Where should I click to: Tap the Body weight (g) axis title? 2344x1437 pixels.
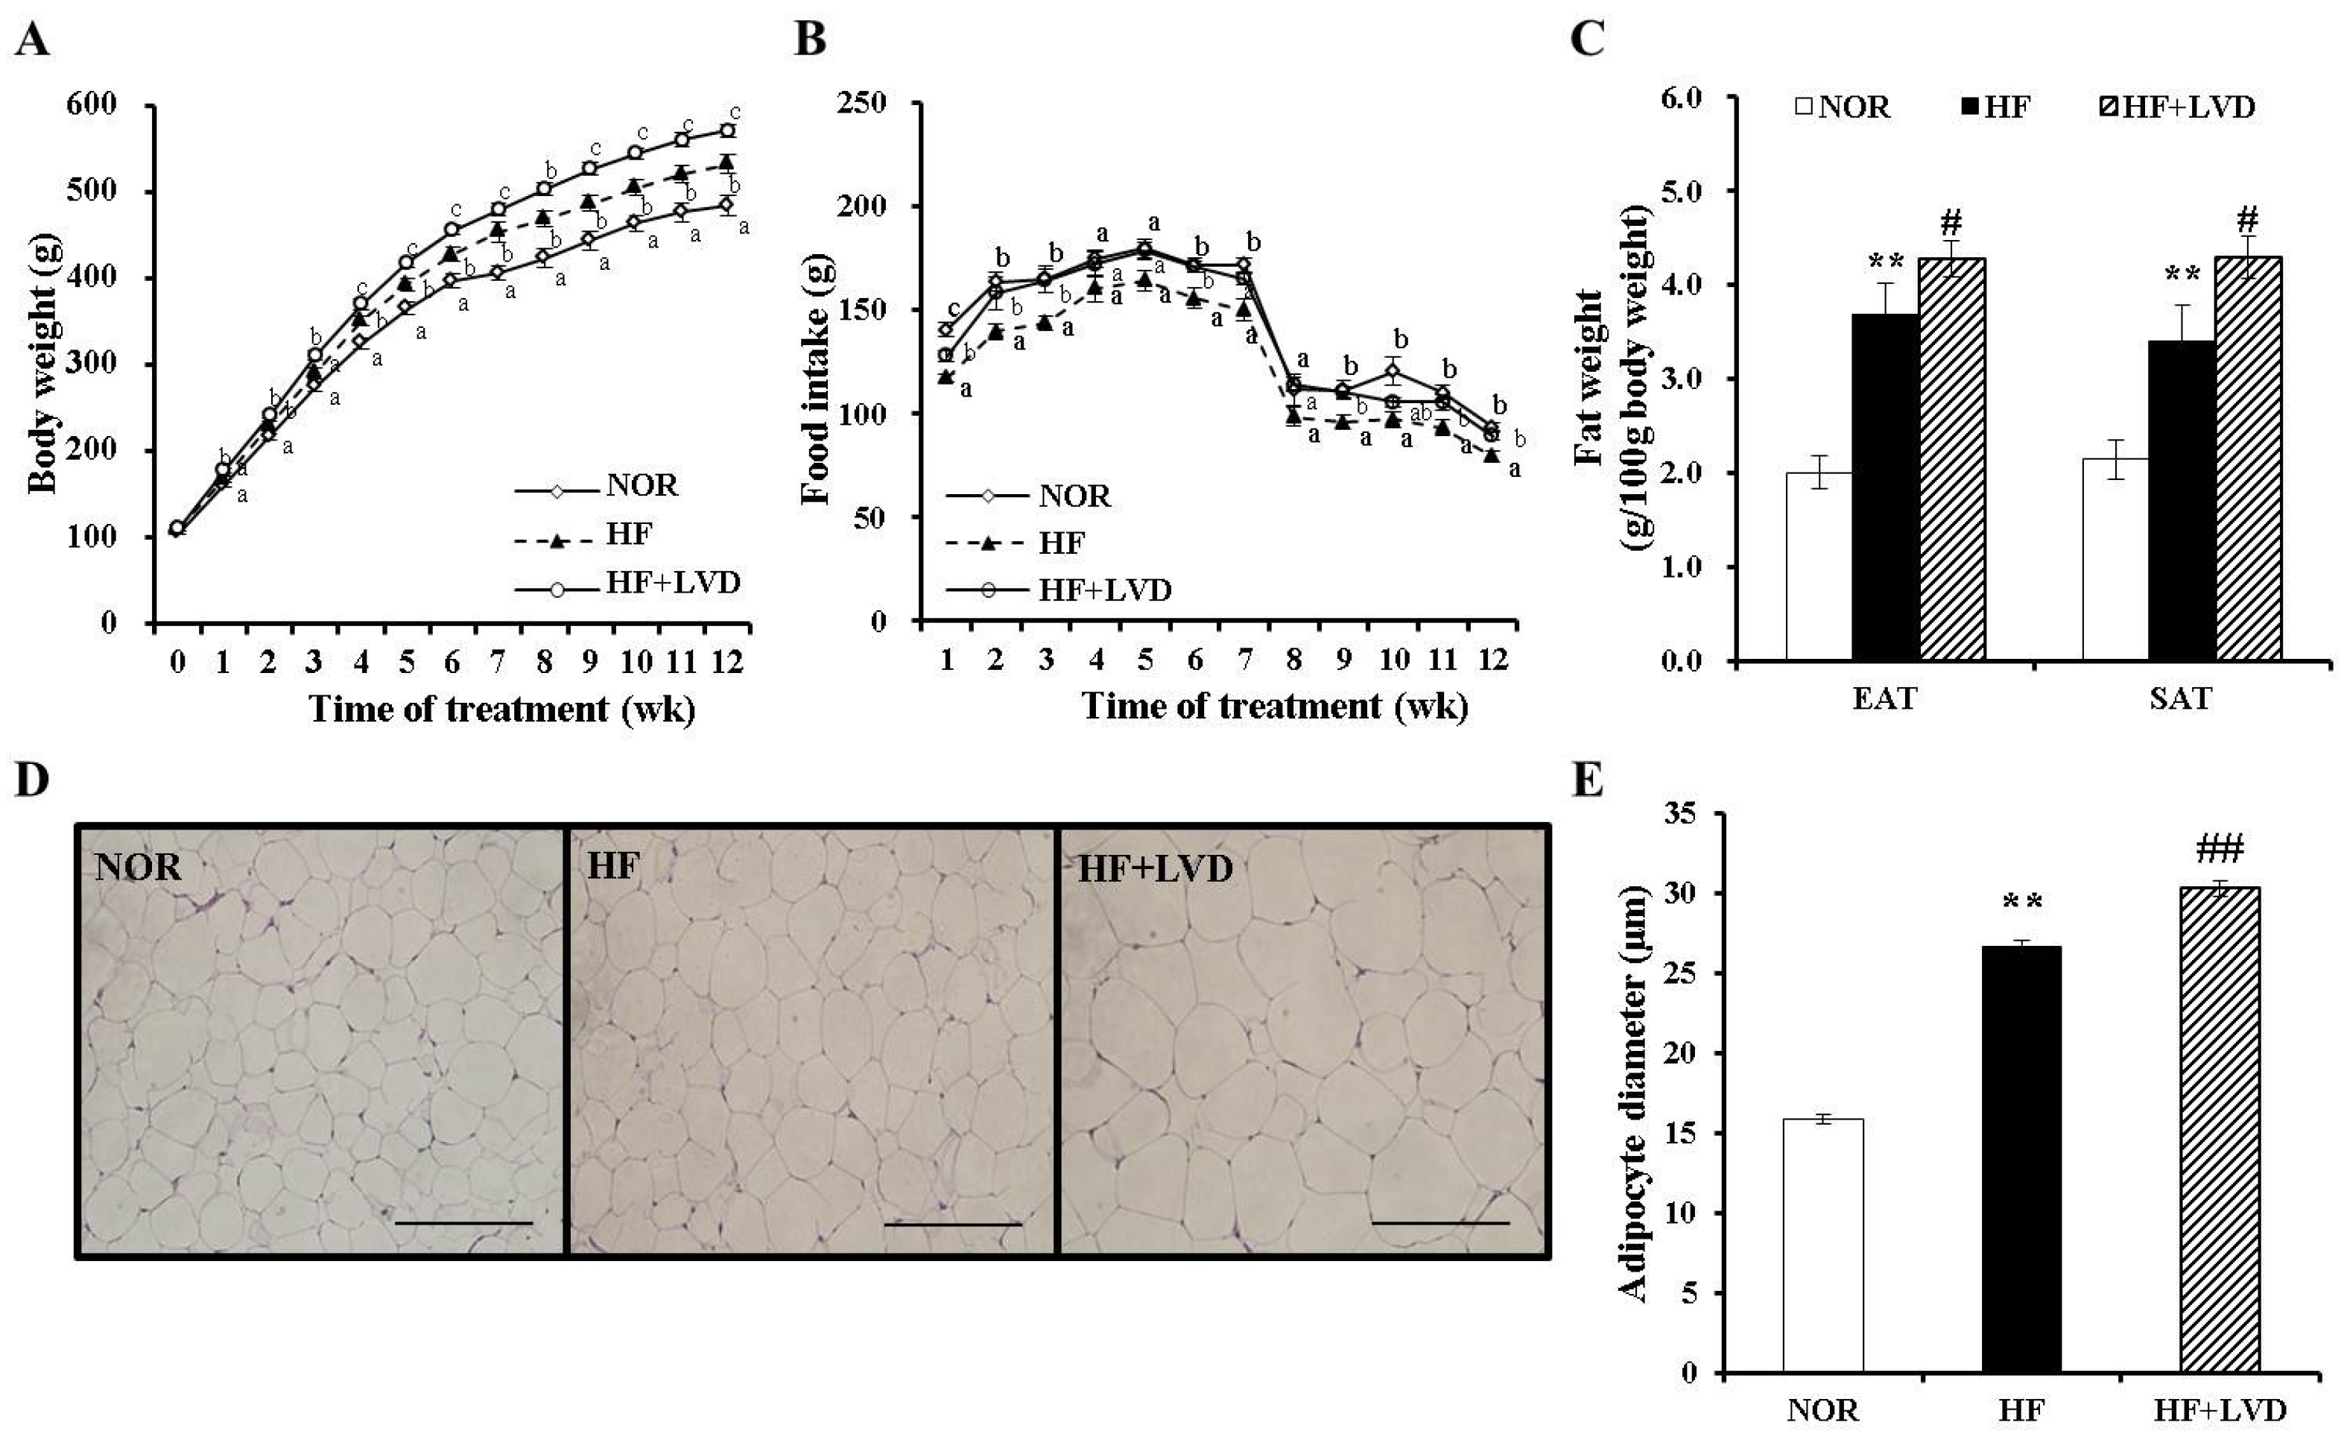tap(42, 364)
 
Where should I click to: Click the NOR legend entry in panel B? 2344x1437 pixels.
tap(1074, 496)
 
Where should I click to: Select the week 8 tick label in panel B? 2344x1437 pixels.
tap(1293, 659)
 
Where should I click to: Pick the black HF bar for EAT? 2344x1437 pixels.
tap(1884, 486)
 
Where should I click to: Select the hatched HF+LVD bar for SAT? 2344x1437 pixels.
tap(2248, 458)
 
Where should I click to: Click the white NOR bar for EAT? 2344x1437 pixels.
tap(1818, 565)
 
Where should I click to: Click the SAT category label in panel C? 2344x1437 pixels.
tap(2180, 699)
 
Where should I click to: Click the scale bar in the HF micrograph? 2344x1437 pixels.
tap(952, 1225)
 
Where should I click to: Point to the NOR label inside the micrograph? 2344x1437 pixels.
tap(138, 867)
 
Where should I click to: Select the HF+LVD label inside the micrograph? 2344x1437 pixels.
tap(1154, 868)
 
